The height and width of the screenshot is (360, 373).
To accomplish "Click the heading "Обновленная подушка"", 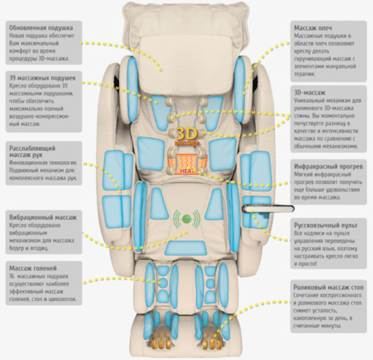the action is coord(41,28).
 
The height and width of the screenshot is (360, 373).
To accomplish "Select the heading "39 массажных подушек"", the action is coord(43,78).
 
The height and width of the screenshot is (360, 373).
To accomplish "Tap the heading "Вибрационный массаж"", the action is coord(43,217).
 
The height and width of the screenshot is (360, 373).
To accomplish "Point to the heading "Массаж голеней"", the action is coord(33,268).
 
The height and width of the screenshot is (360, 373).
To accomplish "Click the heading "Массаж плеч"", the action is coord(313,28).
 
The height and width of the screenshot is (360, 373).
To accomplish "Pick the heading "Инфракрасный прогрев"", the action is coord(328,167).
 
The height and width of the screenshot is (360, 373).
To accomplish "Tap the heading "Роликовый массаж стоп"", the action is coord(328,288).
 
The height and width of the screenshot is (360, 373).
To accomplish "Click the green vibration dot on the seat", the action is coord(186,219).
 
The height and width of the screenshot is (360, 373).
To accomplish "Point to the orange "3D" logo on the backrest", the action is coord(187,134).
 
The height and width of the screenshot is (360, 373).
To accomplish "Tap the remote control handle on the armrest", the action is coord(268,209).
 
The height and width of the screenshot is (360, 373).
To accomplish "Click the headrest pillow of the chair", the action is coord(185,64).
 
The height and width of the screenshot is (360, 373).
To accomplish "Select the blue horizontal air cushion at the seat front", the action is coord(185,248).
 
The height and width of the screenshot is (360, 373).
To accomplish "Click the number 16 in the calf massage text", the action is coord(12,277).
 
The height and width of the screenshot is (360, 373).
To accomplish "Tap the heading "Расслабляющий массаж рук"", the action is coord(32,152).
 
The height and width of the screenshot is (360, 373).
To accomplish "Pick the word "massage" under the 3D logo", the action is coord(187,144).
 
